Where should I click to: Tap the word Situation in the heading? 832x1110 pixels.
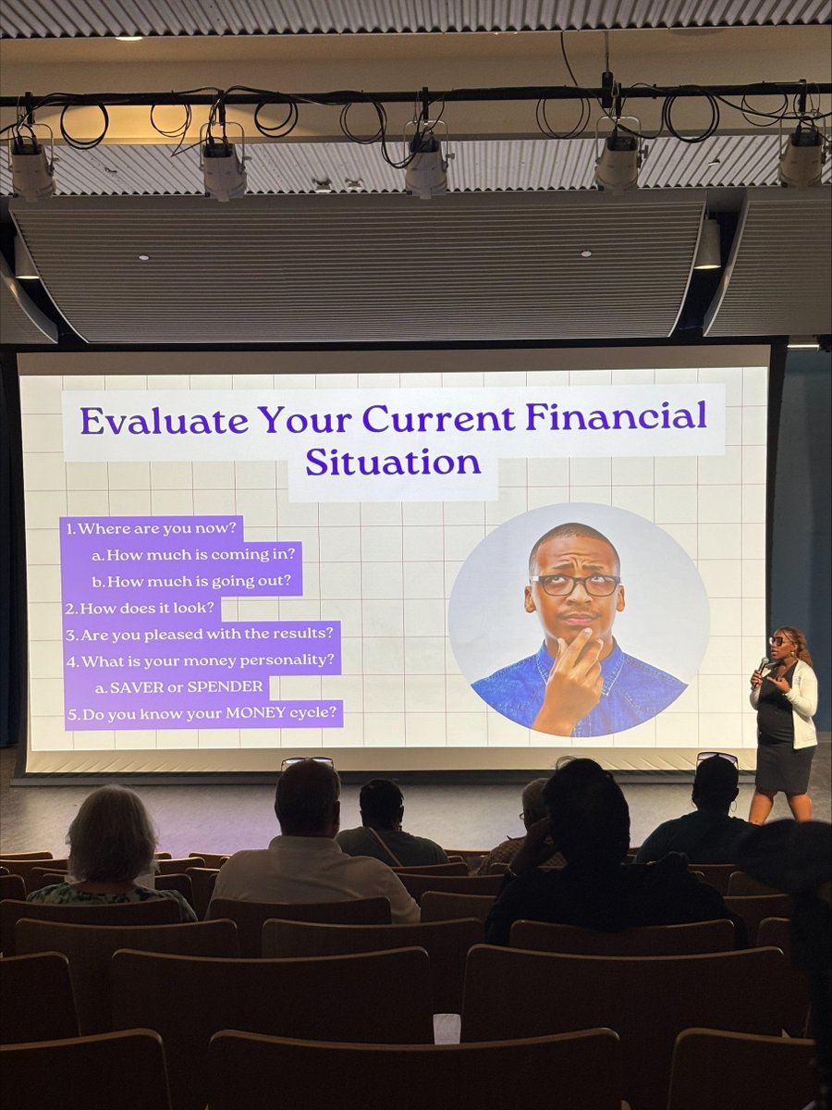(393, 462)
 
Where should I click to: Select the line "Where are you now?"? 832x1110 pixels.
(152, 529)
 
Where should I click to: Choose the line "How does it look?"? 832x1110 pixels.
(141, 608)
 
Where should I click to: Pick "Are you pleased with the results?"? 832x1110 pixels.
(201, 635)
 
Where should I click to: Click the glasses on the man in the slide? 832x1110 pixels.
(575, 585)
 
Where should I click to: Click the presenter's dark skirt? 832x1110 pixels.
(785, 767)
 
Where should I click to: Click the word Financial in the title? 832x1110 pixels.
(617, 416)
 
